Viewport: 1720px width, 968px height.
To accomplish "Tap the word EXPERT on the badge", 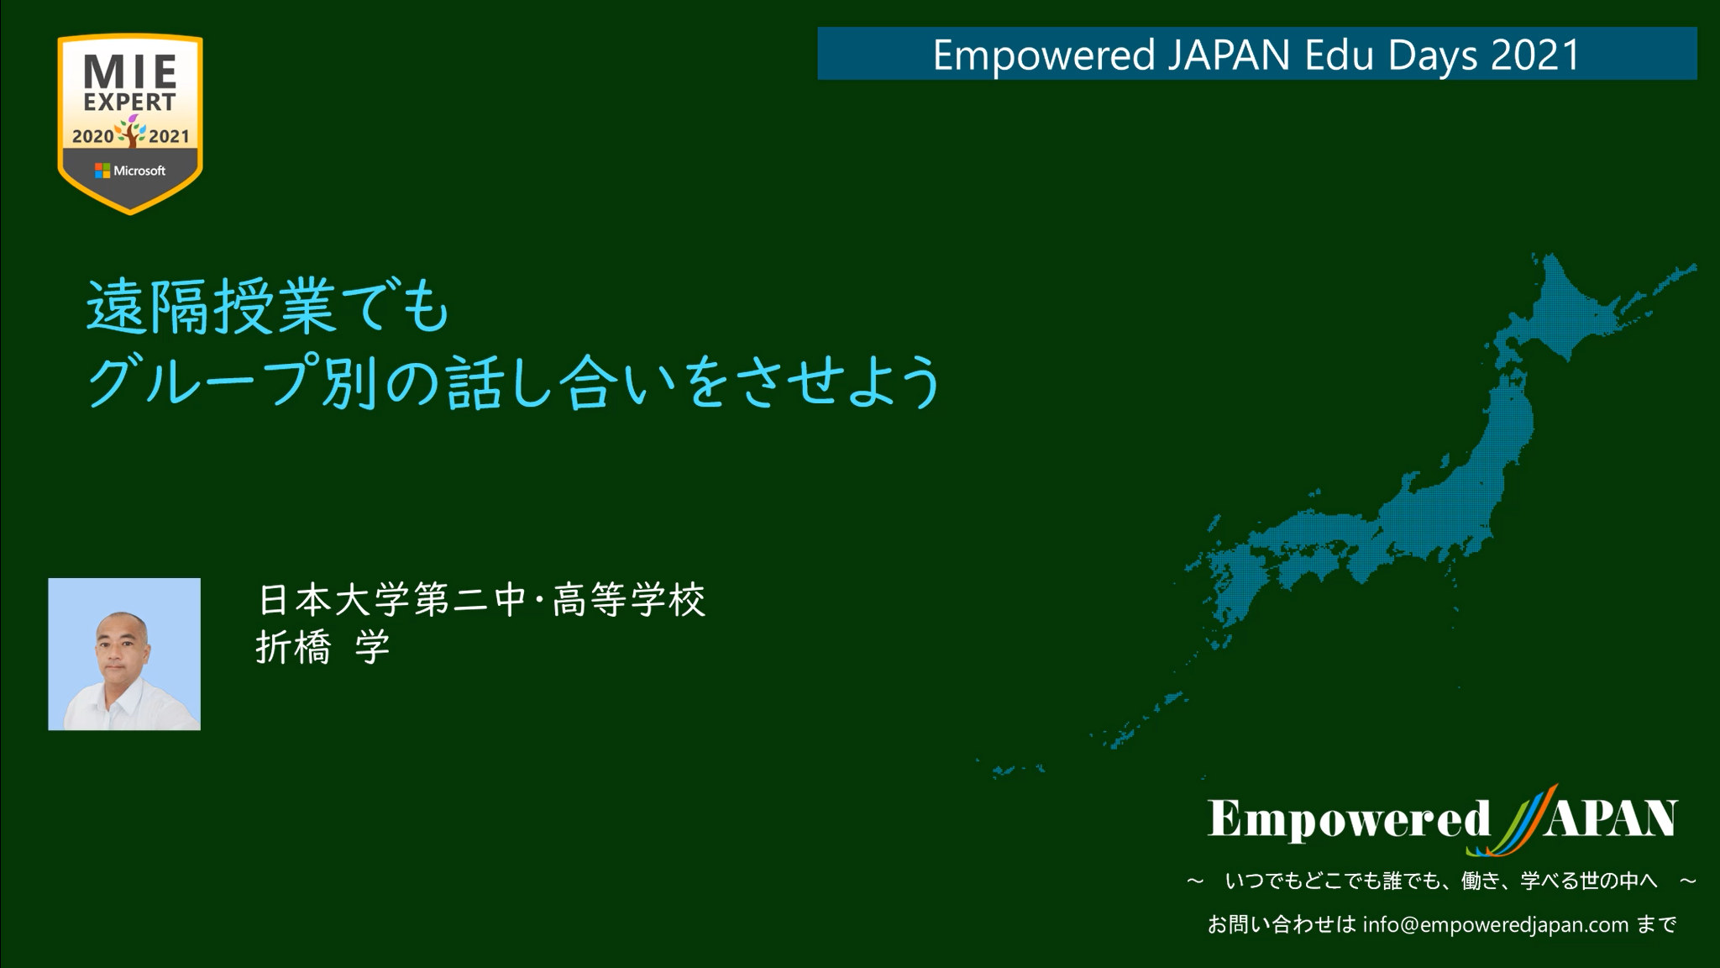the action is click(x=130, y=103).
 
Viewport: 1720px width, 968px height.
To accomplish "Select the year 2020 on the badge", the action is click(x=92, y=136).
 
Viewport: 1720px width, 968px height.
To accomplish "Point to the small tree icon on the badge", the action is click(x=130, y=133).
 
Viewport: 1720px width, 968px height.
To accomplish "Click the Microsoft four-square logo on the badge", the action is click(x=102, y=171).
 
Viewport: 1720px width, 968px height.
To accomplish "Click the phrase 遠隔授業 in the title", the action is click(x=212, y=308).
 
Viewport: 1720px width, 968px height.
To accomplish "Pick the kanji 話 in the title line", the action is click(x=475, y=382).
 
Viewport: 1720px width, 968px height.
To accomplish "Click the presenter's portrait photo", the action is click(x=124, y=654).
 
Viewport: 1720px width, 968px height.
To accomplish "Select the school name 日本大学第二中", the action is click(x=391, y=600).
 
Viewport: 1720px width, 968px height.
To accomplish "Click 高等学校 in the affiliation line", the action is click(x=629, y=600).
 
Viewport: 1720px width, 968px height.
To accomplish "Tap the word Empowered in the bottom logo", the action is click(x=1349, y=819).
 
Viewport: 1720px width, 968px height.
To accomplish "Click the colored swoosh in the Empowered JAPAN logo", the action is click(x=1512, y=821).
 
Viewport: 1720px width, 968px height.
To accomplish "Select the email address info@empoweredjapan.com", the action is click(x=1496, y=925).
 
